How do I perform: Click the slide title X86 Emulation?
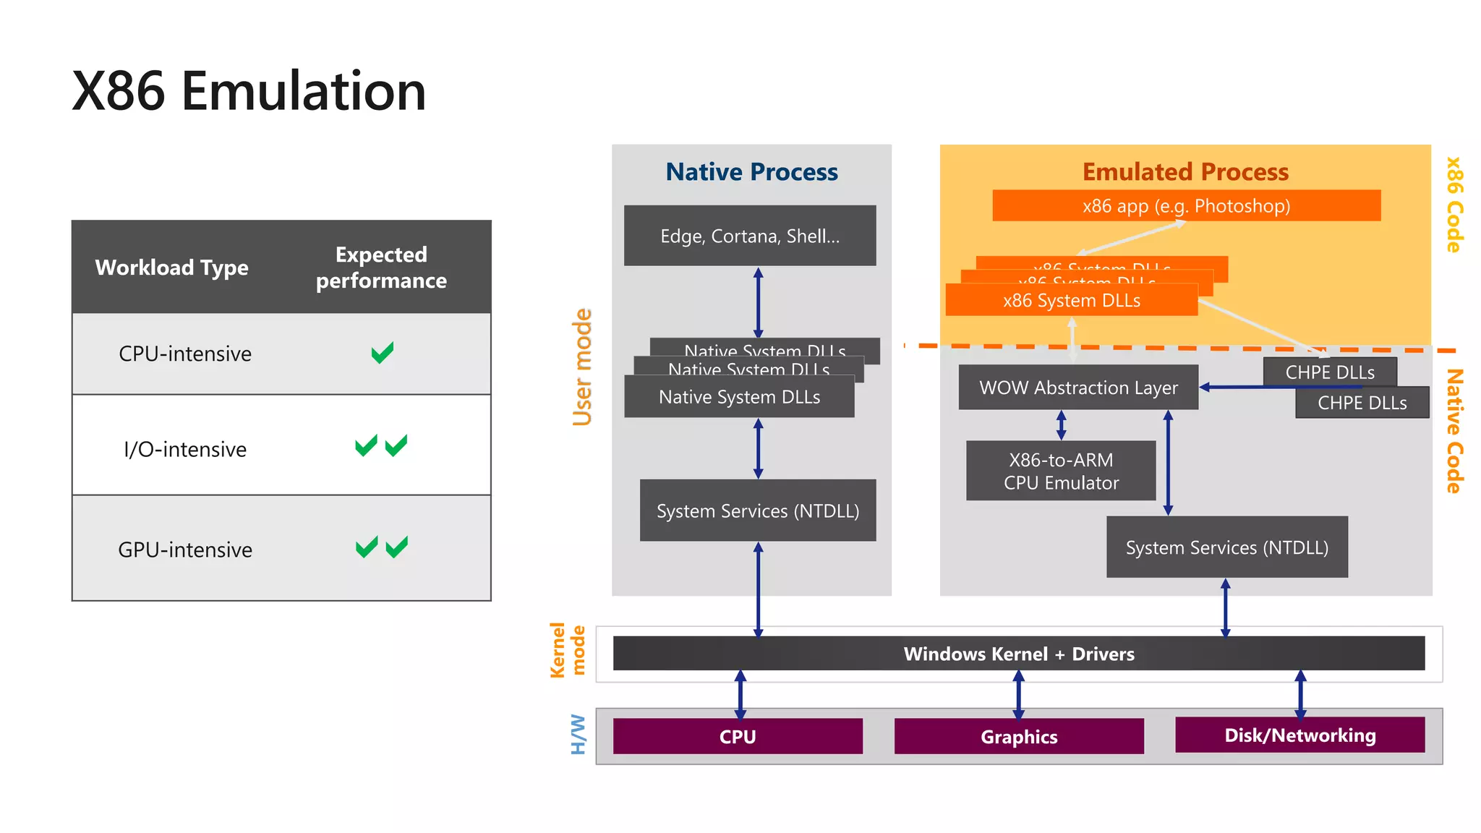[249, 91]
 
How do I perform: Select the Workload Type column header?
[171, 268]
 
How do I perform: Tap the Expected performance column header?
[381, 268]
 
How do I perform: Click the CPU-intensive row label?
[185, 354]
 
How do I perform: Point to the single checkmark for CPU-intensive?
[382, 353]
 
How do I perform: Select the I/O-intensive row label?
[185, 449]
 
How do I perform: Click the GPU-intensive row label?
[185, 550]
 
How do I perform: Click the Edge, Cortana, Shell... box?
[750, 236]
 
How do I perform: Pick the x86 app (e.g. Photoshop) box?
[1186, 206]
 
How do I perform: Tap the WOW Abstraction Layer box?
[1078, 388]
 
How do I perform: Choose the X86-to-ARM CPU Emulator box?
[1061, 471]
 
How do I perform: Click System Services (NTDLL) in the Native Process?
[758, 511]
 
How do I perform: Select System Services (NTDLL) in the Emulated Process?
[1226, 547]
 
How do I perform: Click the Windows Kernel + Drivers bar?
[1018, 654]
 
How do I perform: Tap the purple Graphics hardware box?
[1018, 736]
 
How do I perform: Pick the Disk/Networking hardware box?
[1299, 735]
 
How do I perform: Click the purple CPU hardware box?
[738, 736]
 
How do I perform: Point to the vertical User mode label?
[582, 367]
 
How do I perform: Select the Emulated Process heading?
[1185, 172]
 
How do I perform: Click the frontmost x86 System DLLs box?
[1071, 300]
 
